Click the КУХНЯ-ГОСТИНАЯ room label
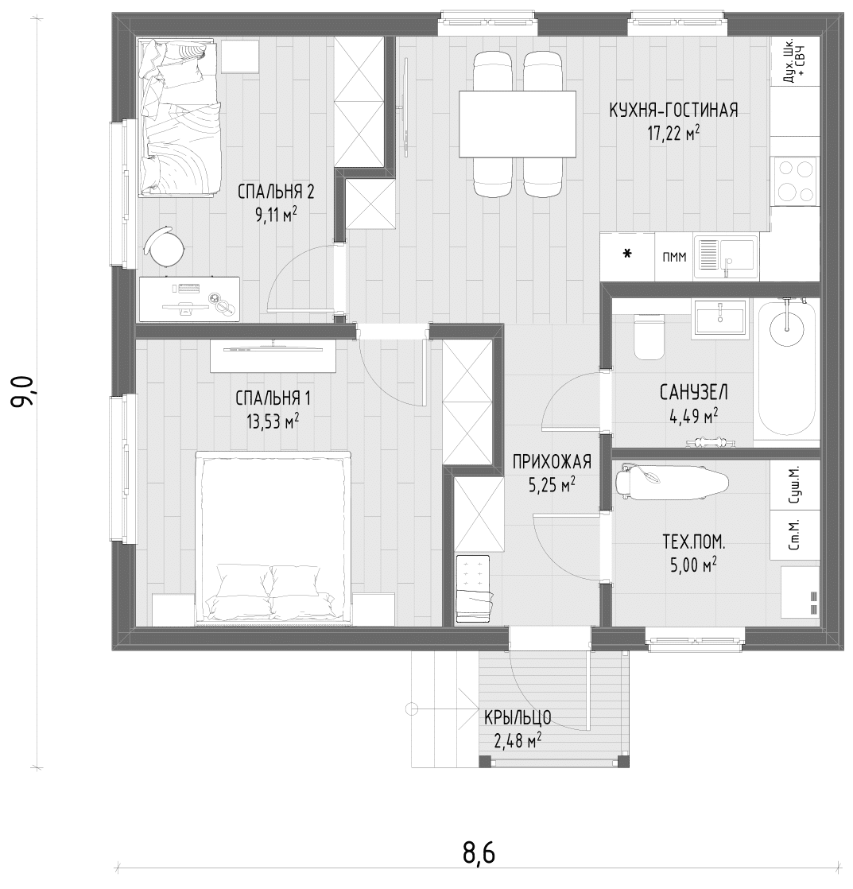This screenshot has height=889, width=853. [673, 110]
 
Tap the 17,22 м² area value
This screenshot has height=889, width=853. [673, 134]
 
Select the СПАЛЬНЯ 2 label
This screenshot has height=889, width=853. [276, 192]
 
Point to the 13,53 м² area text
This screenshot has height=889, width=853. [273, 421]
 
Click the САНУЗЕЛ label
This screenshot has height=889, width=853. [694, 392]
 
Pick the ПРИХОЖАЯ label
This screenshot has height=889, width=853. [552, 462]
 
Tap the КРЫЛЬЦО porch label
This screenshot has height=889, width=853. [518, 718]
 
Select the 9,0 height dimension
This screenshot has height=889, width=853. [25, 391]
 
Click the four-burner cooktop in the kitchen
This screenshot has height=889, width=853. [795, 181]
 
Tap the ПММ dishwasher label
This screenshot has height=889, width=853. [674, 258]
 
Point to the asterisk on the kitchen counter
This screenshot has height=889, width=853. [627, 254]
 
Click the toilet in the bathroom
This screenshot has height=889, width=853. [649, 337]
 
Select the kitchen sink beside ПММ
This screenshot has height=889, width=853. [726, 258]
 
